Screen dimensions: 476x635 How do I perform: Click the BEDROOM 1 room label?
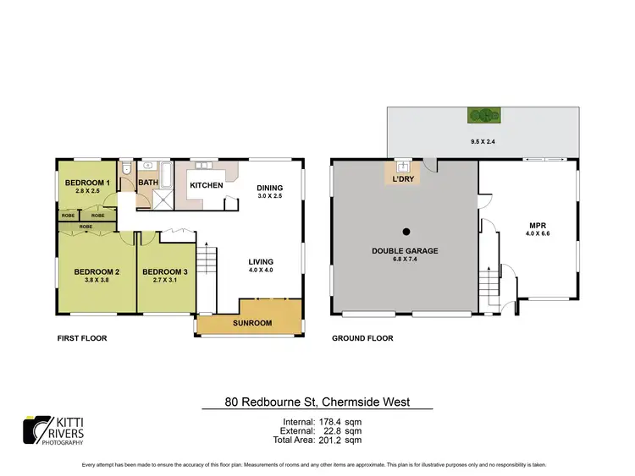[x=88, y=183]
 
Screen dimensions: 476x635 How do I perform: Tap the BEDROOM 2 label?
[x=96, y=271]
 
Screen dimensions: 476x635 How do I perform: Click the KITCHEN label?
[x=206, y=185]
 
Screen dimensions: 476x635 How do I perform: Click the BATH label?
[x=147, y=183]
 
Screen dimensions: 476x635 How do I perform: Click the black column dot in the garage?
[x=406, y=231]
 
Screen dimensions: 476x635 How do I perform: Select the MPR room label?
[x=535, y=226]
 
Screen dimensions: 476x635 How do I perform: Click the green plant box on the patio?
[x=483, y=117]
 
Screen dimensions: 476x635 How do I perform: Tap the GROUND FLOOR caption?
[x=362, y=338]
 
